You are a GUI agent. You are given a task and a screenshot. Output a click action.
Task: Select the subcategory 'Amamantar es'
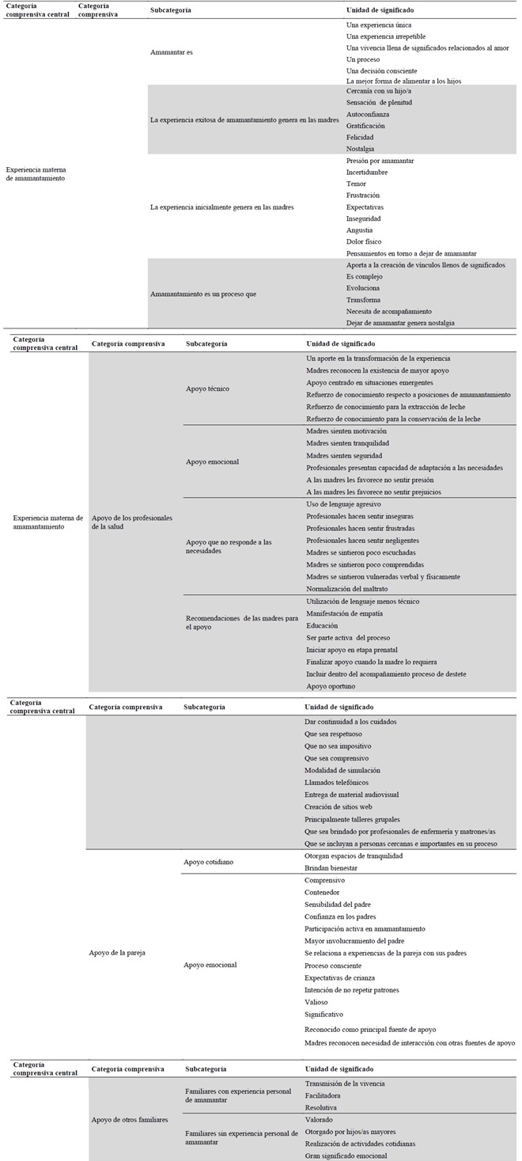[x=172, y=52]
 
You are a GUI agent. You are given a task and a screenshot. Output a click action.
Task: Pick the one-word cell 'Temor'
[x=357, y=184]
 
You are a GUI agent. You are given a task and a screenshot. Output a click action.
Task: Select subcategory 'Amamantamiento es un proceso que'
[x=203, y=294]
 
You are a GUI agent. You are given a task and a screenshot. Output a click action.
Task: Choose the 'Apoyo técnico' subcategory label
[x=208, y=389]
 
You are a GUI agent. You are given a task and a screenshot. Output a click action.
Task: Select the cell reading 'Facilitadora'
[x=325, y=1095]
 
